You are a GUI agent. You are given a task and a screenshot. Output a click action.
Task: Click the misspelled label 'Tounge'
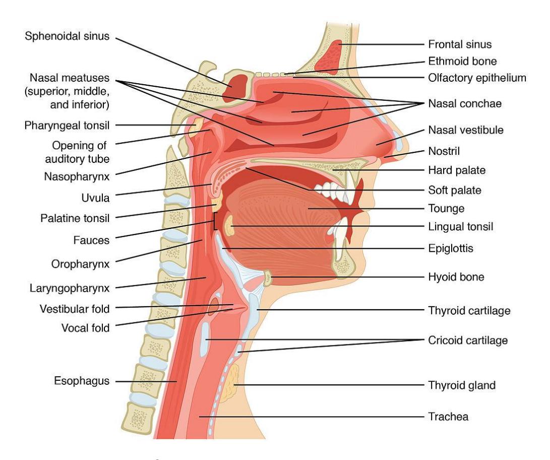446,208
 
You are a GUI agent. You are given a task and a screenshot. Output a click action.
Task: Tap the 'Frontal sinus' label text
460,44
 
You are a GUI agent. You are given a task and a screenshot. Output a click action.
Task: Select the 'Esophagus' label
82,381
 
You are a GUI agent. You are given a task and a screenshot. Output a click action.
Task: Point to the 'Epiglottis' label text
451,249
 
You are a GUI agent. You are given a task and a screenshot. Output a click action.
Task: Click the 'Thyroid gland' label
462,385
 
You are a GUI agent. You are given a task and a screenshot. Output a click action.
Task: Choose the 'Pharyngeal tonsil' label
67,126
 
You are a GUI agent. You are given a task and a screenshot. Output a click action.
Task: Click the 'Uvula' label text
95,198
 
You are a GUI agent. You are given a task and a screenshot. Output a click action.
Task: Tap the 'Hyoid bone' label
456,277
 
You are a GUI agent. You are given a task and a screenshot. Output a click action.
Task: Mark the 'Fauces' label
92,241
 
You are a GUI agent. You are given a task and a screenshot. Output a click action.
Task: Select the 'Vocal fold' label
86,328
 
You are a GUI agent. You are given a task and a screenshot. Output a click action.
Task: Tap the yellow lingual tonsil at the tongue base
229,225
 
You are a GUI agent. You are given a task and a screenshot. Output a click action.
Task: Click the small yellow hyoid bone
267,278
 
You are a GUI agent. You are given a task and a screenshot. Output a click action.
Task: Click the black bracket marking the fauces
215,221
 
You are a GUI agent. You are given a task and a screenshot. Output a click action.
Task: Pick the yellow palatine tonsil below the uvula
218,202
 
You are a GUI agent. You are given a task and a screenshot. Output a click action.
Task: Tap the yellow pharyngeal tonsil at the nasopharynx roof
195,127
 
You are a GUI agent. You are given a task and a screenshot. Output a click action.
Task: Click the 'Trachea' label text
448,417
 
